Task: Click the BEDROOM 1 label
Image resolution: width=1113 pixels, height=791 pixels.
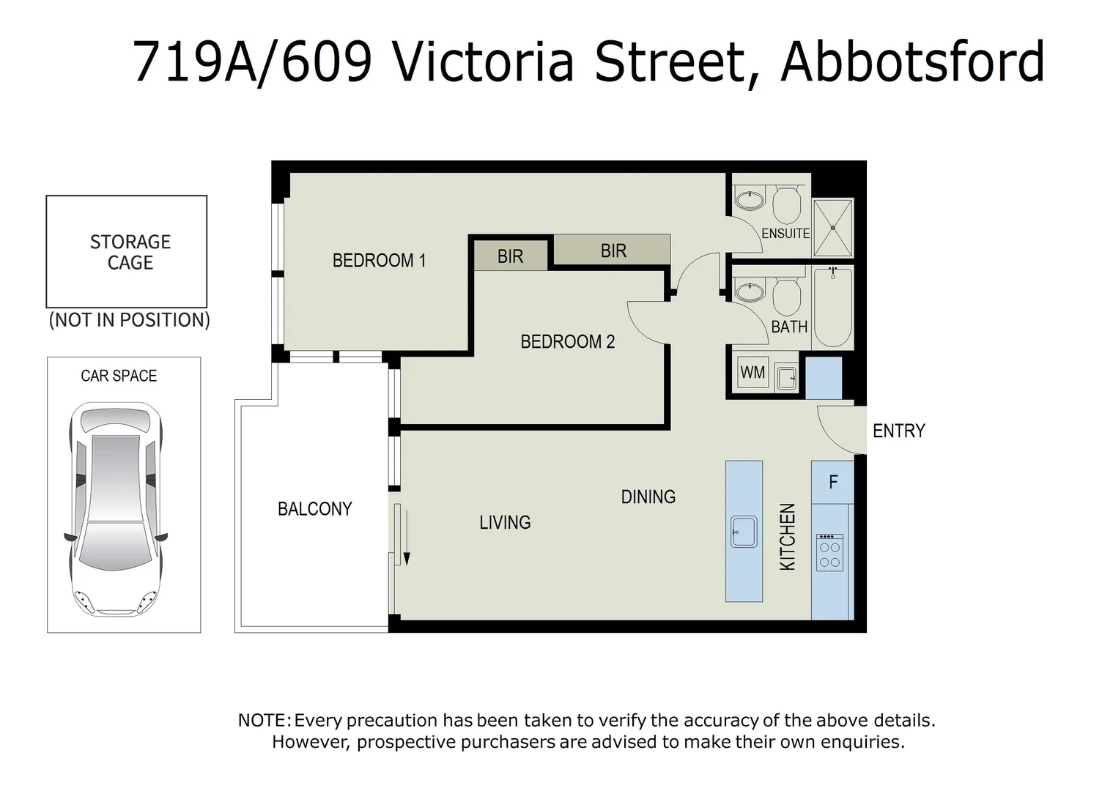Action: [x=379, y=261]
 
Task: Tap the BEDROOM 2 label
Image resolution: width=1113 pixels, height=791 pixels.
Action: [x=567, y=341]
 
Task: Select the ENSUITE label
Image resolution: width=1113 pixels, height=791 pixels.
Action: [x=785, y=234]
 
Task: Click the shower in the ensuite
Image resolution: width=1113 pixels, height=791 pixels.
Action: [x=833, y=228]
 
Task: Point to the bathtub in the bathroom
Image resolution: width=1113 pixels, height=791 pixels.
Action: [x=832, y=307]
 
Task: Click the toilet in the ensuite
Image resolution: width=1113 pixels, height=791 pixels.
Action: [x=788, y=204]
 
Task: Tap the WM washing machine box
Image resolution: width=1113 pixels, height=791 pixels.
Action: [x=753, y=373]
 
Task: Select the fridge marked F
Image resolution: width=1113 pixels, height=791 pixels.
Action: [x=832, y=482]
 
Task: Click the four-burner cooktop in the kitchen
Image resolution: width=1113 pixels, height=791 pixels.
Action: [x=829, y=552]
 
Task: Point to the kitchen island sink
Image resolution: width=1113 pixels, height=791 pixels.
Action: [x=744, y=531]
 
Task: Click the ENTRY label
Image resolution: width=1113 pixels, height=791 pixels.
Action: [x=898, y=431]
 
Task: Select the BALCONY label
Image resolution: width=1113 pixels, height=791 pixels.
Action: [x=314, y=509]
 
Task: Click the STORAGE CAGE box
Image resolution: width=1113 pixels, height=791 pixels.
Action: [x=127, y=251]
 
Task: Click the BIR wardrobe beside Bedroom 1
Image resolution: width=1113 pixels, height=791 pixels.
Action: [x=510, y=256]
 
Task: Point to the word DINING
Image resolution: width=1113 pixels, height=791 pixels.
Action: [x=648, y=497]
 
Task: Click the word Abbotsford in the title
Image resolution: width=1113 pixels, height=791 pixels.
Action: [x=912, y=62]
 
